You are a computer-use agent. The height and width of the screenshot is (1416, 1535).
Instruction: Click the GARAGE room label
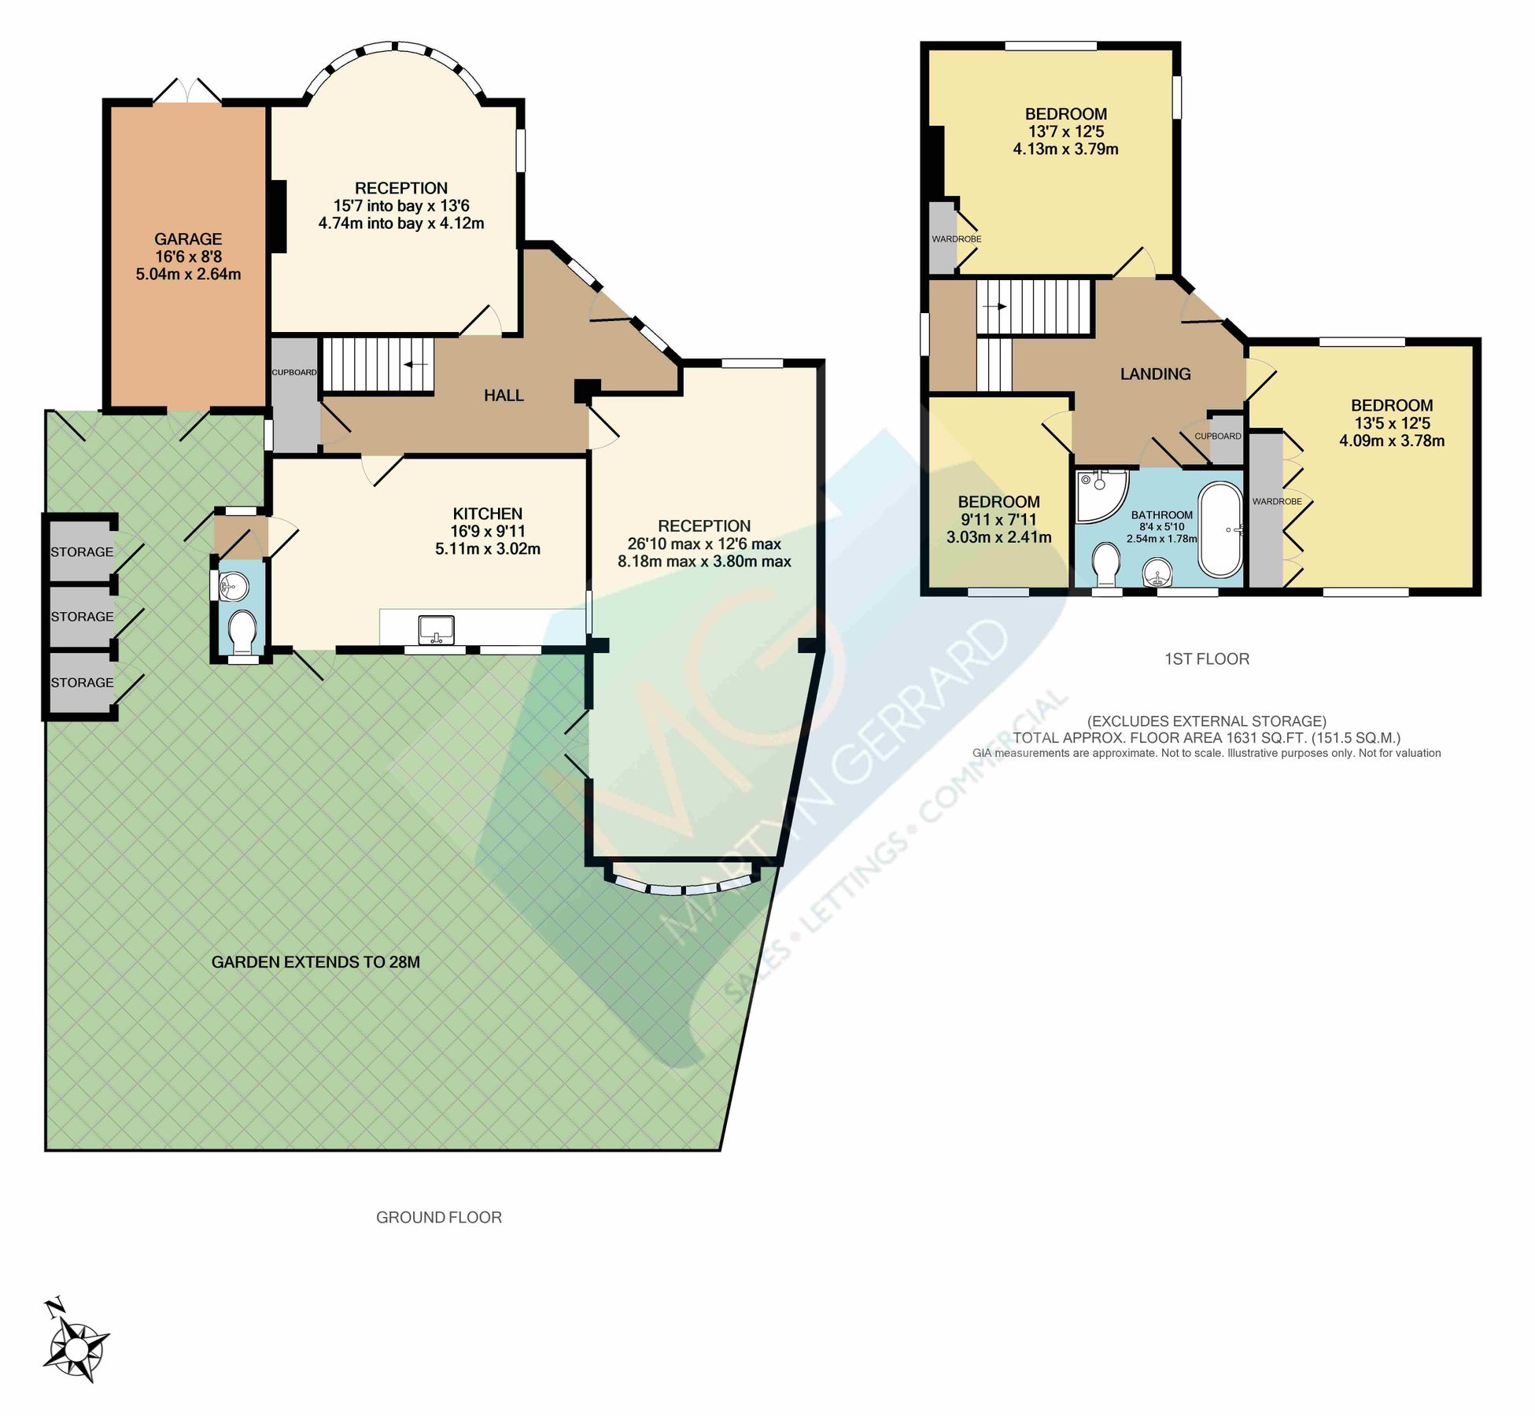pyautogui.click(x=188, y=239)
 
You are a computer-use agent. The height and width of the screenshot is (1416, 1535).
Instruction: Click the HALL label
pyautogui.click(x=504, y=396)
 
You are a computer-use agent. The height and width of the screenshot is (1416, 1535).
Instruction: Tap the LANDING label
pyautogui.click(x=1155, y=374)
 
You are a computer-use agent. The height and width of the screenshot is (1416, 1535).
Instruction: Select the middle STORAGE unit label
pyautogui.click(x=82, y=617)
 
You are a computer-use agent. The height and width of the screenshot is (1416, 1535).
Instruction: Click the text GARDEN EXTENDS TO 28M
pyautogui.click(x=315, y=962)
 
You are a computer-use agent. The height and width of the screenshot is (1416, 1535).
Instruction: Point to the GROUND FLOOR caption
pyautogui.click(x=438, y=1218)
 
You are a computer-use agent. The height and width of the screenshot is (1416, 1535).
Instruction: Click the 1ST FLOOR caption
pyautogui.click(x=1206, y=659)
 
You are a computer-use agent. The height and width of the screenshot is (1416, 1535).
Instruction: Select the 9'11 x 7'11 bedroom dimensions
pyautogui.click(x=998, y=520)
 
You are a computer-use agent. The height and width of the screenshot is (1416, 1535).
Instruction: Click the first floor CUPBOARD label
pyautogui.click(x=1217, y=436)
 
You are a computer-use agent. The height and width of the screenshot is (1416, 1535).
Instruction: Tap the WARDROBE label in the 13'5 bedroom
pyautogui.click(x=1276, y=501)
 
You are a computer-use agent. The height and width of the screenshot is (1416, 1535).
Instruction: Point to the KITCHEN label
pyautogui.click(x=488, y=514)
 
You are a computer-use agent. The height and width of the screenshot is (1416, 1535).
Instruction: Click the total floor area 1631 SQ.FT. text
pyautogui.click(x=1206, y=738)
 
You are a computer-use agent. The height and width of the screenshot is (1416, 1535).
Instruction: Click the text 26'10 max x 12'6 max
pyautogui.click(x=704, y=544)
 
